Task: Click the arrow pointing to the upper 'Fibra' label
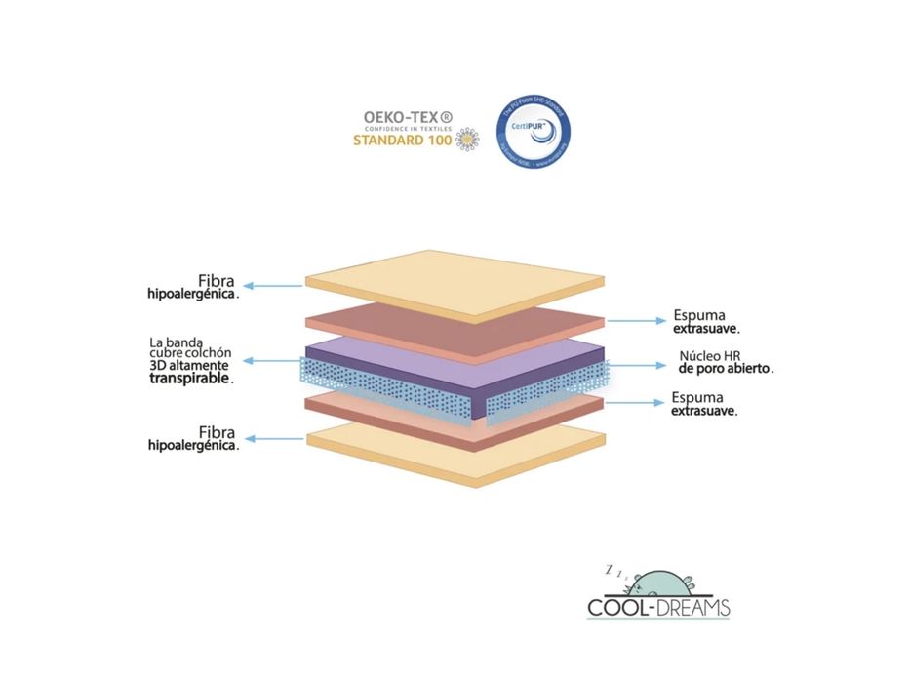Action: click(274, 286)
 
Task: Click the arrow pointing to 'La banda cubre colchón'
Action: click(272, 361)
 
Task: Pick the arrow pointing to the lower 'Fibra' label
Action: click(274, 438)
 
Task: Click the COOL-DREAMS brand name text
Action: click(658, 608)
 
